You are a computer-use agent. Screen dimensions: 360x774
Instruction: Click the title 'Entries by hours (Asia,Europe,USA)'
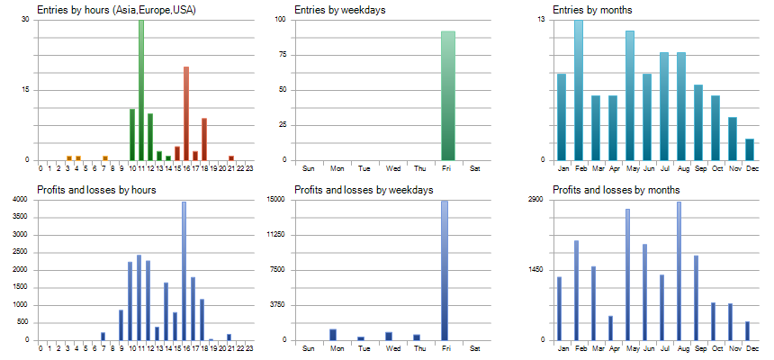coord(117,10)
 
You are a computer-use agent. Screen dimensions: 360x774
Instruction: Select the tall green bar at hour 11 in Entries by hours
coord(141,90)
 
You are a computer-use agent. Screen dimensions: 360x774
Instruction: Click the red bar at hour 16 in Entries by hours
coord(186,113)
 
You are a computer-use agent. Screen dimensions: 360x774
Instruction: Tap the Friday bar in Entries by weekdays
coord(448,95)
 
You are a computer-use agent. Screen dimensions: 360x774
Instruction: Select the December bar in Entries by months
coord(750,149)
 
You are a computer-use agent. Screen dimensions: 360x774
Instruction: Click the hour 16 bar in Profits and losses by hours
coord(184,271)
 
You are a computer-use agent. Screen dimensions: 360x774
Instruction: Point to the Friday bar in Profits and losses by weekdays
coord(445,271)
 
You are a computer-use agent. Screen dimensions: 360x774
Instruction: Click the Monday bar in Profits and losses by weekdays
coord(333,335)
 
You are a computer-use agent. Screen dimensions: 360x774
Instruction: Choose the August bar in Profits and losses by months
coord(679,271)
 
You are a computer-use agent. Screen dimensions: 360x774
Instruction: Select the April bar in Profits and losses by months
coord(610,328)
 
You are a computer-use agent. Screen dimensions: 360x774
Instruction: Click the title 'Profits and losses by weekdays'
coord(364,190)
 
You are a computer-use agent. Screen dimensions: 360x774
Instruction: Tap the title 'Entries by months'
coord(592,10)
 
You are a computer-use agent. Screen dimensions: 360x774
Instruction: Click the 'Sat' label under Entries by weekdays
coord(476,168)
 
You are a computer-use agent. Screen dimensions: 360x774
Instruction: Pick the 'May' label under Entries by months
coord(630,168)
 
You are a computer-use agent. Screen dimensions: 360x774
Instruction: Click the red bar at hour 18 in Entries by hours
coord(204,139)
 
